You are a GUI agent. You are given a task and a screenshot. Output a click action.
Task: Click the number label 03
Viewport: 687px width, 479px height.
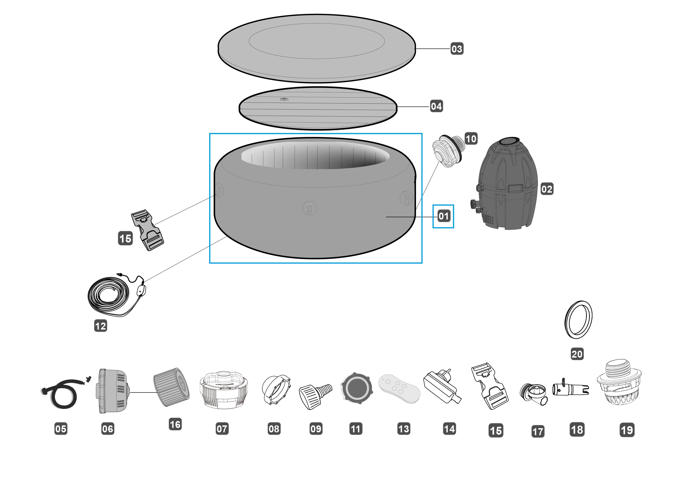tap(457, 49)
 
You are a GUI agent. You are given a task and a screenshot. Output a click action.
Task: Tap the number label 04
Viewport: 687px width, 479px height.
tap(436, 106)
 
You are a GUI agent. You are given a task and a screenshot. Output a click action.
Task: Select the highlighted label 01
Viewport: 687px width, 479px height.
tap(443, 216)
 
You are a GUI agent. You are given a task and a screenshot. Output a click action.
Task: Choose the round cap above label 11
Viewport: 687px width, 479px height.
tap(357, 388)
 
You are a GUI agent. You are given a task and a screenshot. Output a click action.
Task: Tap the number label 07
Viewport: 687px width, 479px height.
tap(222, 429)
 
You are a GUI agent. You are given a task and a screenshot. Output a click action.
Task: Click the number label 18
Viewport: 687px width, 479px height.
tap(577, 430)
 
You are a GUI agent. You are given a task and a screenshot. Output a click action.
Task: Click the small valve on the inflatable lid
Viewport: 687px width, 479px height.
tap(284, 99)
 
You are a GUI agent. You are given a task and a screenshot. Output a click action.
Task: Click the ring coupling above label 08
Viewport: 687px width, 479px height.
tap(276, 390)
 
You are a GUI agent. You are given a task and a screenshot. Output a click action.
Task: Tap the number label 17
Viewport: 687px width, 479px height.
tap(538, 431)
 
